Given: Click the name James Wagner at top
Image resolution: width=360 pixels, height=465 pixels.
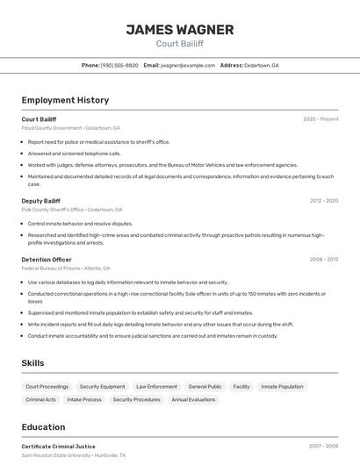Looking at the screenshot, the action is pos(179,29).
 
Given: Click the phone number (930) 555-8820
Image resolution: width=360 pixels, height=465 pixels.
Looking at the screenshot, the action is pos(119,65).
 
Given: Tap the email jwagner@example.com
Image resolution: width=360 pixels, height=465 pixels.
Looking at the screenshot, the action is pos(187,65).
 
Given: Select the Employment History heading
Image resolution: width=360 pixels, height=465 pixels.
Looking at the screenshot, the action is pos(65,100).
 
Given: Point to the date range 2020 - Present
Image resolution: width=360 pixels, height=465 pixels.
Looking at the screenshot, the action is pos(320,118).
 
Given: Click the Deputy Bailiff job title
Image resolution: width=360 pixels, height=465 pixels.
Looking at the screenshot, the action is pos(40,201).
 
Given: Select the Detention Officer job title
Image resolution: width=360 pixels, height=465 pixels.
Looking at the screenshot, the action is pos(47,260).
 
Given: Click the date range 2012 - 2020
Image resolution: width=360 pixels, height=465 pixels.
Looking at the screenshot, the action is pos(324,201).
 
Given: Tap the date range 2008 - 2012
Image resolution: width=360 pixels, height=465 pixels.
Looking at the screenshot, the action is pos(324,260).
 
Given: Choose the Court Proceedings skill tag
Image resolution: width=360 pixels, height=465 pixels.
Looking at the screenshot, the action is pos(47,386).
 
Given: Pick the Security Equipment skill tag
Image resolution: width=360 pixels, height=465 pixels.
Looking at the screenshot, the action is pos(102,386).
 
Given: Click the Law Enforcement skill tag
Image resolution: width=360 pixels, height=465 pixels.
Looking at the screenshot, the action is pos(156,386).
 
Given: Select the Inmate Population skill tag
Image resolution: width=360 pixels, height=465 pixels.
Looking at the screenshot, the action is pos(282,386).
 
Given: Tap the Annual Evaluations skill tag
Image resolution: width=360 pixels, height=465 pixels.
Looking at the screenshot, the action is pos(193,399).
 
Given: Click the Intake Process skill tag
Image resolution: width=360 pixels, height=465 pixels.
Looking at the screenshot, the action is pos(84,399).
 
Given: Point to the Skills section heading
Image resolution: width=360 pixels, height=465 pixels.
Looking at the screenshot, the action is pos(32,363).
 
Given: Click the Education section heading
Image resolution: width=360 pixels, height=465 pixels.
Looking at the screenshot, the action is pos(45,427).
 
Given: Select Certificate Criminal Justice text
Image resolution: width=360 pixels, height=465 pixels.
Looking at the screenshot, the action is pos(58,447).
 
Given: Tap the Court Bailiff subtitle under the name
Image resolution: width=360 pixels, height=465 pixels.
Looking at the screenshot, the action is pos(179,43).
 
